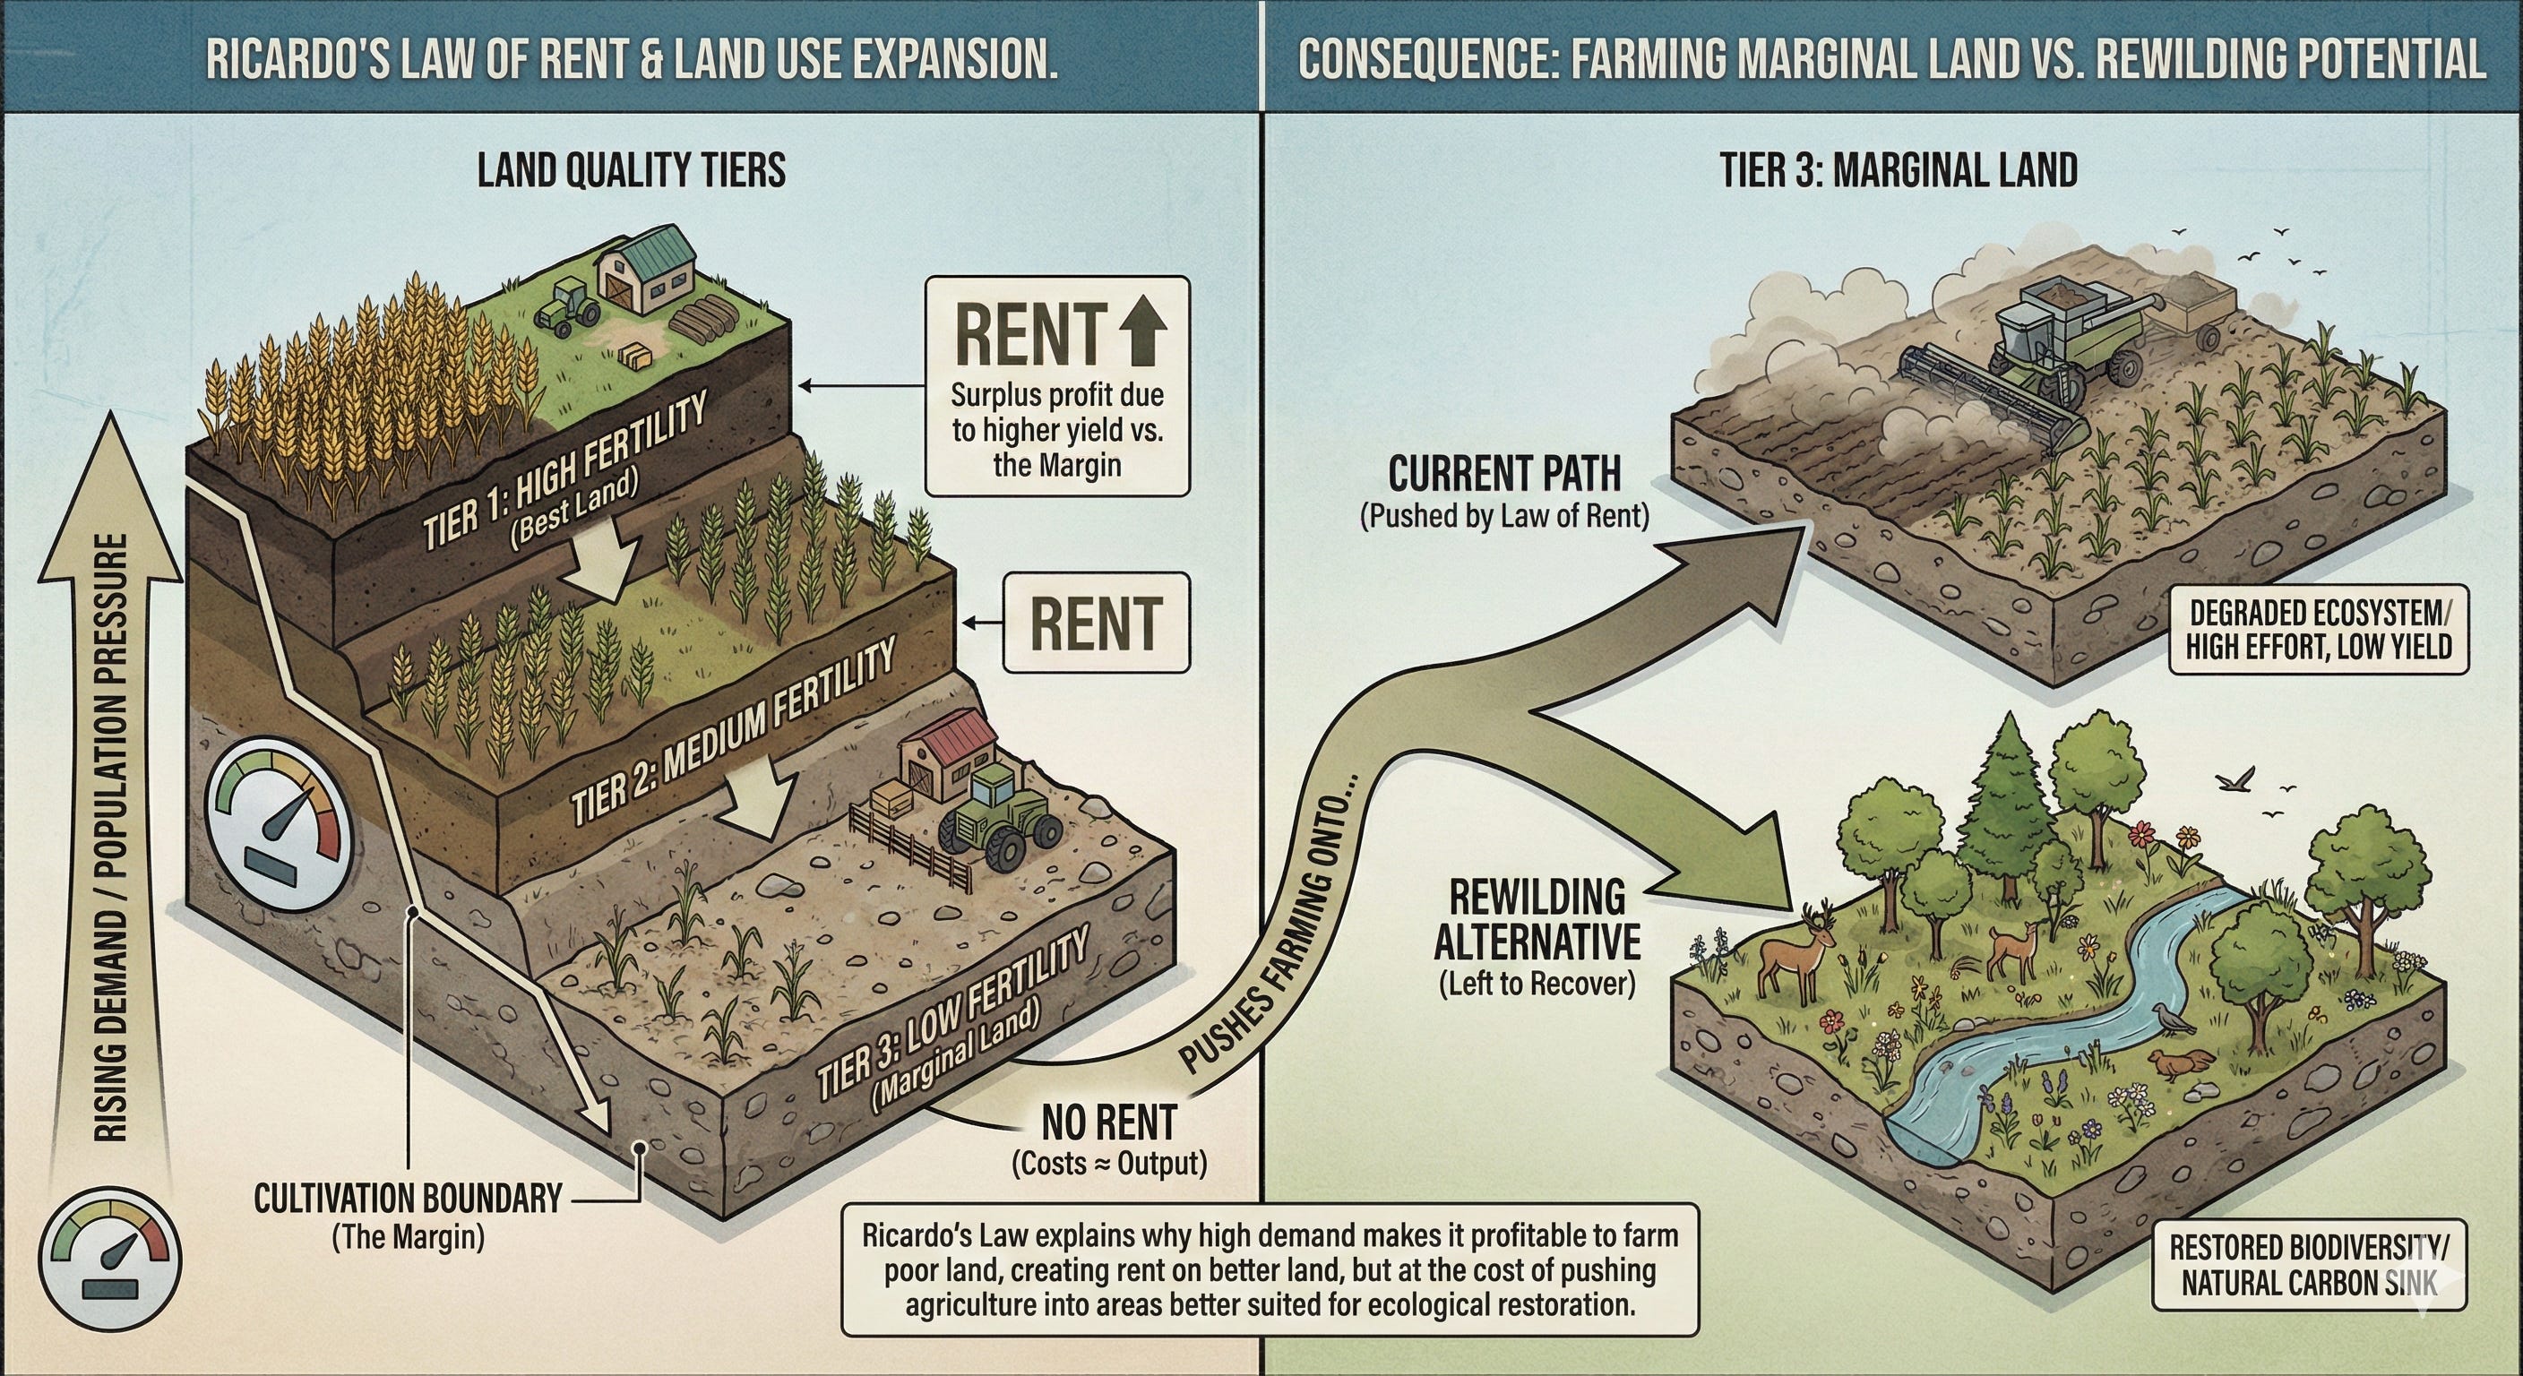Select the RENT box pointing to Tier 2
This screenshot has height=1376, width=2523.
click(x=1095, y=623)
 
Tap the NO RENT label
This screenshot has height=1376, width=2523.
click(x=1108, y=1122)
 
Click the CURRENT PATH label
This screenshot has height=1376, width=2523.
click(x=1504, y=475)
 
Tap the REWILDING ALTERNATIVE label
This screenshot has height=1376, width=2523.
click(x=1537, y=921)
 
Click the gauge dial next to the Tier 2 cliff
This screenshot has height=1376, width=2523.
click(x=280, y=812)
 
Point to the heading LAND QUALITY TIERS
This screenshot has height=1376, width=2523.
click(x=631, y=171)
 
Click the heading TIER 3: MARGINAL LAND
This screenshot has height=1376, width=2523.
click(x=1899, y=171)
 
